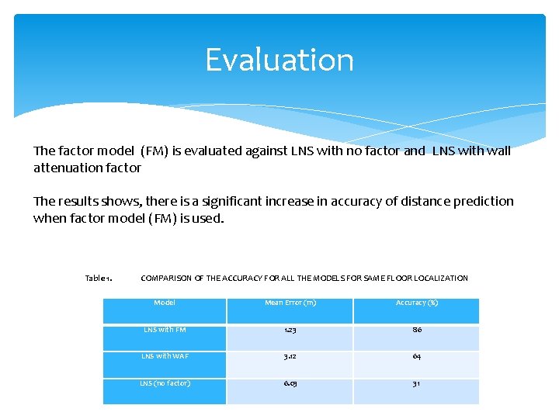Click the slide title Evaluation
point(279,61)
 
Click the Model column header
point(165,303)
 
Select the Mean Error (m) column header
point(290,303)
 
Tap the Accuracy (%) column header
point(417,303)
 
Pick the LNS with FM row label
point(165,330)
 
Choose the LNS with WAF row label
point(165,356)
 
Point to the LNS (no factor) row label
point(165,383)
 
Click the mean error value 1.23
point(290,330)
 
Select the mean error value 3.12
point(290,356)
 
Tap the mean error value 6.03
point(290,383)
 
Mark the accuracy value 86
point(417,330)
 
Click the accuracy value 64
point(417,356)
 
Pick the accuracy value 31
point(417,383)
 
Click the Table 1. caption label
point(99,278)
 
